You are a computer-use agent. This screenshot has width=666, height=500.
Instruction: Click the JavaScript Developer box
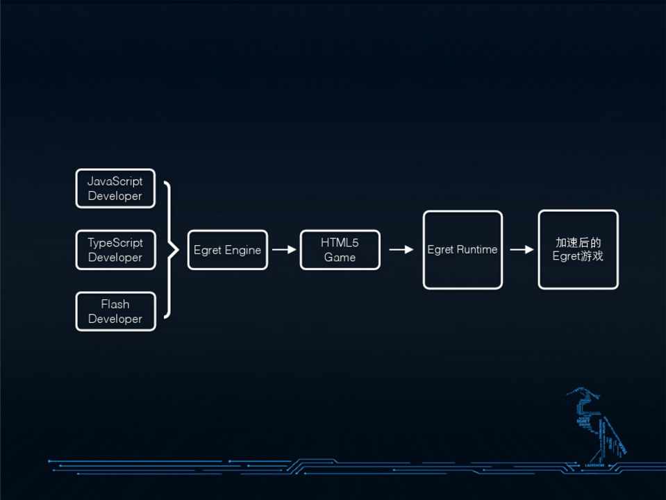point(115,188)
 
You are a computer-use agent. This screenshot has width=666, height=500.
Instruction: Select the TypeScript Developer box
point(115,250)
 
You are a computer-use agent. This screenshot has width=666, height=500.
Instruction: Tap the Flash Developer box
point(115,311)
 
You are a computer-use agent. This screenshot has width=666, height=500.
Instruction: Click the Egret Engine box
point(227,250)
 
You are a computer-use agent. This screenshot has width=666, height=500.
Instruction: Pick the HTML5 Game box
point(340,250)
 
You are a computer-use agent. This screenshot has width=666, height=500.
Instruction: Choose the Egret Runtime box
point(463,250)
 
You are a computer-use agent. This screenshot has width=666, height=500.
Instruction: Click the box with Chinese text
point(578,250)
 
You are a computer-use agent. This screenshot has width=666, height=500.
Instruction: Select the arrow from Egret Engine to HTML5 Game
point(283,250)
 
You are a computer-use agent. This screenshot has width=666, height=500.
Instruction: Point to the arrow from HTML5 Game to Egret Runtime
point(401,250)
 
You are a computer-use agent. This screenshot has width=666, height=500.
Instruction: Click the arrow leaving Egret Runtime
point(521,250)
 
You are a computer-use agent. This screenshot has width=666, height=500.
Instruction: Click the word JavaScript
point(115,181)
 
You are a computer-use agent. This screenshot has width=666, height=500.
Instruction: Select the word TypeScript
point(115,243)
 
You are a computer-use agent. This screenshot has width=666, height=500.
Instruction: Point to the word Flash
point(115,304)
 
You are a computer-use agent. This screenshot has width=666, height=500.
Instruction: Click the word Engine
point(242,251)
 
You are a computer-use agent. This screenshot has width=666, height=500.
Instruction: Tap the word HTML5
point(340,243)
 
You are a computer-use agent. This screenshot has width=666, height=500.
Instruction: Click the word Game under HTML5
point(340,258)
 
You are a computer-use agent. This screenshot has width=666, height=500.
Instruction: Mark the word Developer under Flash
point(115,319)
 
